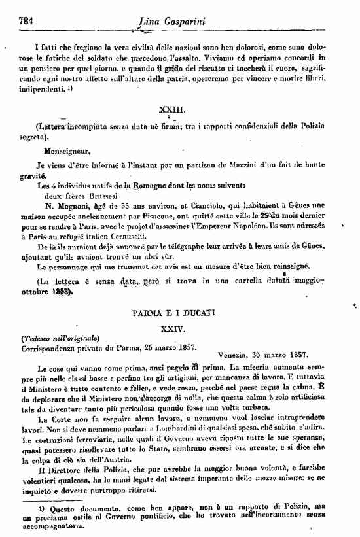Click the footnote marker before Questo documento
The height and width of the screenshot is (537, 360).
tap(41, 507)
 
